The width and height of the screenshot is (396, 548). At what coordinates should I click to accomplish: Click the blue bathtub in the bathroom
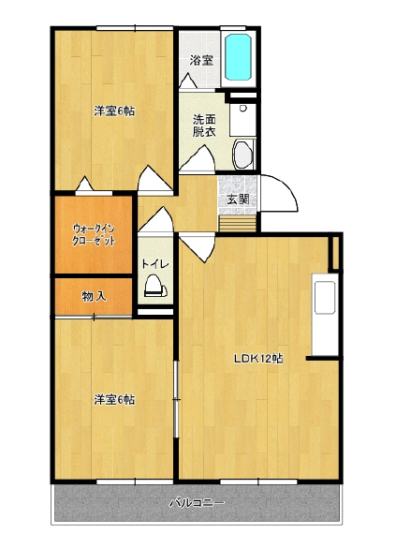(x=238, y=57)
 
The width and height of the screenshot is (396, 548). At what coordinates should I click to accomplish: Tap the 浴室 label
(x=201, y=61)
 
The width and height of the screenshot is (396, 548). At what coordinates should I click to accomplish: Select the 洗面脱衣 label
(x=204, y=126)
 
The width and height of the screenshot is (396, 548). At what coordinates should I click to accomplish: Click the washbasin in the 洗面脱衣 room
(x=243, y=154)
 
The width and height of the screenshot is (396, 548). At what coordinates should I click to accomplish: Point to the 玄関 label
(x=238, y=200)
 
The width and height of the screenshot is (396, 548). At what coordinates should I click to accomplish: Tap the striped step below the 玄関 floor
(x=238, y=224)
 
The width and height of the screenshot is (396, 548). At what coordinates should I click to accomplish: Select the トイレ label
(x=155, y=264)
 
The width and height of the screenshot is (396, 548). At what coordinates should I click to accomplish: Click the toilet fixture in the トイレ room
(x=155, y=286)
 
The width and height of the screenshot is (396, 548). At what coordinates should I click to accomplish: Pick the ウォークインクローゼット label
(x=94, y=235)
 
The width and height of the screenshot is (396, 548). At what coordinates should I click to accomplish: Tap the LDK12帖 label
(x=258, y=359)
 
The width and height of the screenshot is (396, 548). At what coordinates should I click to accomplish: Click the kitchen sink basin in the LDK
(x=325, y=297)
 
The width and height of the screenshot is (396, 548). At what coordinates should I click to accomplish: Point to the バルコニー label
(x=197, y=503)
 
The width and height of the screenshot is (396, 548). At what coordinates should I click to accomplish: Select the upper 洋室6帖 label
(x=114, y=111)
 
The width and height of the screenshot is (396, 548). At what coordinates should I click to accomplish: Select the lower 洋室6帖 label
(x=114, y=400)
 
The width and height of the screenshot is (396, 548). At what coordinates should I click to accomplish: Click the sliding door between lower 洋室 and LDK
(x=176, y=399)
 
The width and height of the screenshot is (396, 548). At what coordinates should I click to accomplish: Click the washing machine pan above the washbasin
(x=242, y=120)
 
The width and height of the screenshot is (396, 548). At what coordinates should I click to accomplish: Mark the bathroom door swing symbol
(x=188, y=81)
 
